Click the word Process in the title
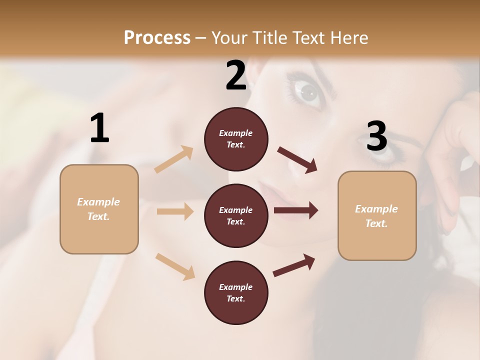157,38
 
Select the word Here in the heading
349,38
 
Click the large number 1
99,128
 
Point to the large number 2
236,75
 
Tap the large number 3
376,136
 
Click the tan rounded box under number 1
99,209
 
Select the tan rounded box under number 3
377,216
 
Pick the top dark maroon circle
236,139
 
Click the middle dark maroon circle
236,215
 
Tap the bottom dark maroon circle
236,292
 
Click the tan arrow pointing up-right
174,159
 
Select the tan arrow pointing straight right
175,211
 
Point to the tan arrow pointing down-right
175,266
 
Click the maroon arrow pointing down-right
297,160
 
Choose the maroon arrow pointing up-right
294,265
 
